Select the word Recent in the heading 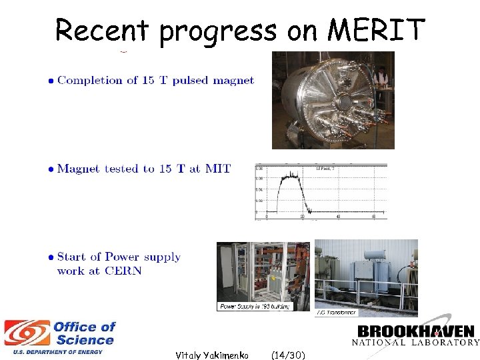[x=104, y=30]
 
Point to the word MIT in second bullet [x=217, y=169]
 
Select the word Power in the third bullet [x=123, y=257]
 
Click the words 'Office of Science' [x=84, y=333]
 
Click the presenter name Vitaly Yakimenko [x=211, y=355]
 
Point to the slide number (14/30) [x=289, y=355]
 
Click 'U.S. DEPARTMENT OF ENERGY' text [x=53, y=352]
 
